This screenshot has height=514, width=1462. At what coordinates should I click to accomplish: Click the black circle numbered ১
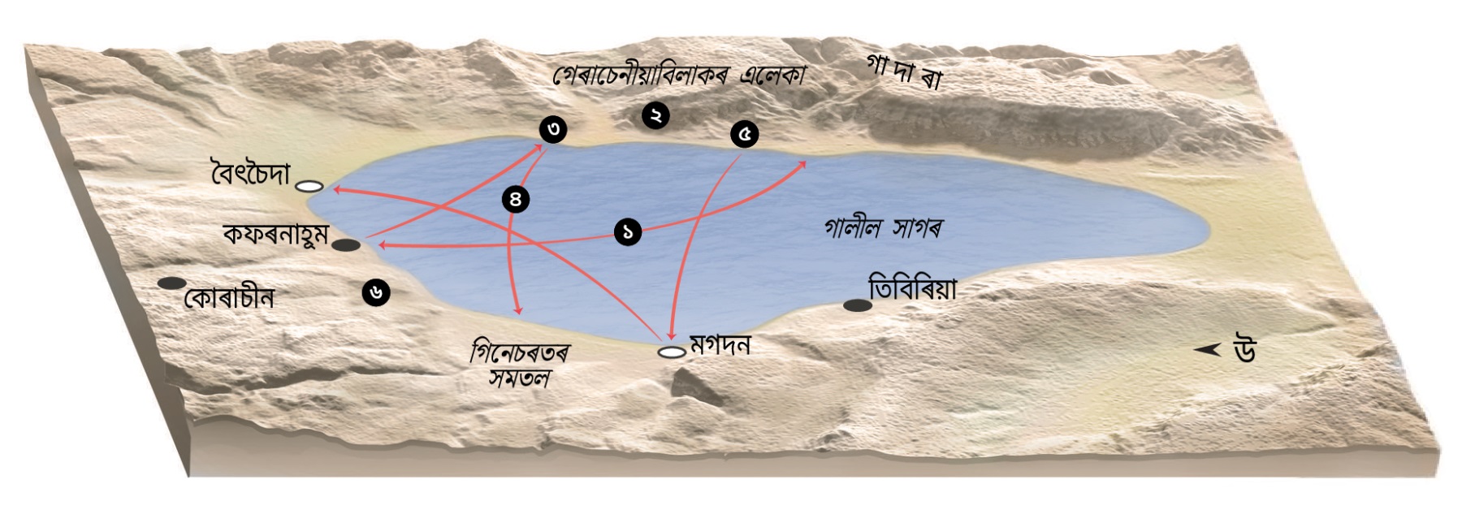[x=628, y=232]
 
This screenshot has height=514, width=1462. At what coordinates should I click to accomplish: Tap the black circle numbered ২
[x=655, y=115]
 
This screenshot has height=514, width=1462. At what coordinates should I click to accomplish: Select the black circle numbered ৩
[x=553, y=129]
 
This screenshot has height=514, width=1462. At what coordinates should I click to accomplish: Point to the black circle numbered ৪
[x=516, y=199]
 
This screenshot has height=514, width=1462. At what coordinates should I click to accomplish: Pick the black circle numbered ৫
[x=744, y=134]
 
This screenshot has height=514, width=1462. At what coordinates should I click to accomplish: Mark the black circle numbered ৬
[x=376, y=292]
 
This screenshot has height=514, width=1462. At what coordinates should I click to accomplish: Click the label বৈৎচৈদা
[x=250, y=175]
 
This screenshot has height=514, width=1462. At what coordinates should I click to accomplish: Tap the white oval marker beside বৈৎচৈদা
[x=309, y=187]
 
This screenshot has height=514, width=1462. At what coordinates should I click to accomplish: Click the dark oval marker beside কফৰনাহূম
[x=346, y=245]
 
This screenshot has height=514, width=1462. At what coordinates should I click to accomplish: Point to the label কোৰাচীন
[x=230, y=298]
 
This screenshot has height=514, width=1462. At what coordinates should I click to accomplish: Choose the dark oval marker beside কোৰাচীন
[x=171, y=283]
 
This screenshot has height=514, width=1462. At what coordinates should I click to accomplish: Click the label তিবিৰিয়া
[x=912, y=289]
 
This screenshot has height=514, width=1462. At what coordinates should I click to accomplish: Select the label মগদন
[x=720, y=345]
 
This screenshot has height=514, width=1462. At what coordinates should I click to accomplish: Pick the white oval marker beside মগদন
[x=672, y=352]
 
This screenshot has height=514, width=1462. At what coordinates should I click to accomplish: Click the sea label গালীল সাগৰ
[x=883, y=229]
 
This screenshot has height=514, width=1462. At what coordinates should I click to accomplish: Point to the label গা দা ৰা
[x=903, y=71]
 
